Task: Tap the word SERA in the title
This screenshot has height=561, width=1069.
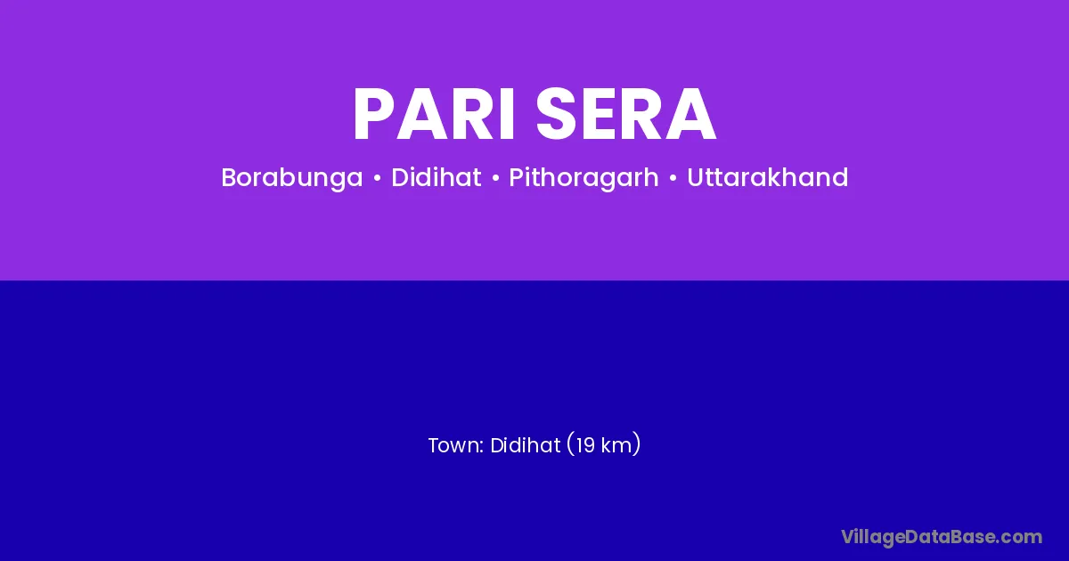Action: pyautogui.click(x=625, y=115)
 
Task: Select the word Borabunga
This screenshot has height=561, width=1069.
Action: pyautogui.click(x=291, y=178)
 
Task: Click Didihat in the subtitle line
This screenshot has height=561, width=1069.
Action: pyautogui.click(x=437, y=177)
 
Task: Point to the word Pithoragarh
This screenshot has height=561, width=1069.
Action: pyautogui.click(x=583, y=178)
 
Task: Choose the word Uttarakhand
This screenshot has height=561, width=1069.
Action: pyautogui.click(x=767, y=177)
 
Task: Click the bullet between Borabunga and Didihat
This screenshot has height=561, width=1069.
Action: pyautogui.click(x=377, y=178)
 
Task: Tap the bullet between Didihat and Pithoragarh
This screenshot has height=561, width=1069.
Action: pyautogui.click(x=495, y=178)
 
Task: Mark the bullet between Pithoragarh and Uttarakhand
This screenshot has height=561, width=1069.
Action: pyautogui.click(x=673, y=178)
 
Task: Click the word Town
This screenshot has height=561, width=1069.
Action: pyautogui.click(x=453, y=445)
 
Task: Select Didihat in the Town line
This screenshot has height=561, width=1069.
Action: pyautogui.click(x=525, y=445)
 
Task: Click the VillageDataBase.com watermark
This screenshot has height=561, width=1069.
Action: pyautogui.click(x=942, y=538)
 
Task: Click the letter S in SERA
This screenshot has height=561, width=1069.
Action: pyautogui.click(x=557, y=115)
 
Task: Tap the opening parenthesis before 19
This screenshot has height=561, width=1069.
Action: pyautogui.click(x=570, y=444)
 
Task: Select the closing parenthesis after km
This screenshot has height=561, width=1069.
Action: pyautogui.click(x=637, y=444)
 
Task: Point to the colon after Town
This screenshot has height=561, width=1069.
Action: pyautogui.click(x=482, y=447)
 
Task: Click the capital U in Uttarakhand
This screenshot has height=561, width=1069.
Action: pyautogui.click(x=696, y=177)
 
